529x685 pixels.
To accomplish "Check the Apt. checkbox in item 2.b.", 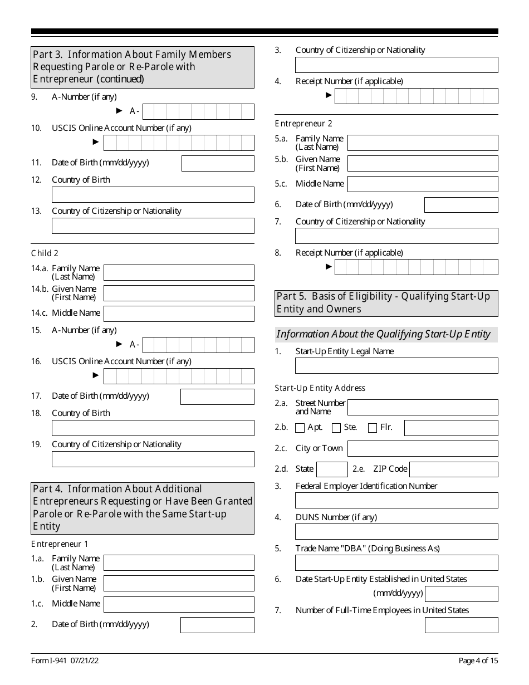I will click(300, 428).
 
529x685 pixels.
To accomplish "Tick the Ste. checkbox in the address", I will click(336, 428).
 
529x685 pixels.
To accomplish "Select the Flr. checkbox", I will click(373, 428).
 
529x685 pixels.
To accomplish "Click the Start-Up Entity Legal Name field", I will click(396, 366).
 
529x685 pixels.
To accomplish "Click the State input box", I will click(332, 469).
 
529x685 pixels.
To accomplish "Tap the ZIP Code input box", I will click(453, 469).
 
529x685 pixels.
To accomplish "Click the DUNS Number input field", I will click(396, 532).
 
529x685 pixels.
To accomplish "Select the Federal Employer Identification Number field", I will click(396, 501).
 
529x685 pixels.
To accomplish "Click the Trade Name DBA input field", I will click(396, 563).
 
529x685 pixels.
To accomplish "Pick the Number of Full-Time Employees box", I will click(461, 625).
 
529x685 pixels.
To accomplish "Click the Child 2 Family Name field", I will click(179, 273).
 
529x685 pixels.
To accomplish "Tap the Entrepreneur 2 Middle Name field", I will click(423, 184).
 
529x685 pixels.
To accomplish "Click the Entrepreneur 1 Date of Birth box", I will click(217, 625).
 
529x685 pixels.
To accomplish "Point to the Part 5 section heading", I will click(386, 303).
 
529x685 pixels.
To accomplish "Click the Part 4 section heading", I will click(143, 508).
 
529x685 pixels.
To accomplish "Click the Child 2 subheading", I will click(45, 253).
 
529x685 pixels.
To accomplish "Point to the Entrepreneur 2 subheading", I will click(303, 124).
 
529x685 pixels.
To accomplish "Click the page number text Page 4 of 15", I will click(478, 661).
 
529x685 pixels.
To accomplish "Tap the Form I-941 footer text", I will click(65, 661).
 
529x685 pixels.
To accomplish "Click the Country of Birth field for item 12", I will click(153, 195).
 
